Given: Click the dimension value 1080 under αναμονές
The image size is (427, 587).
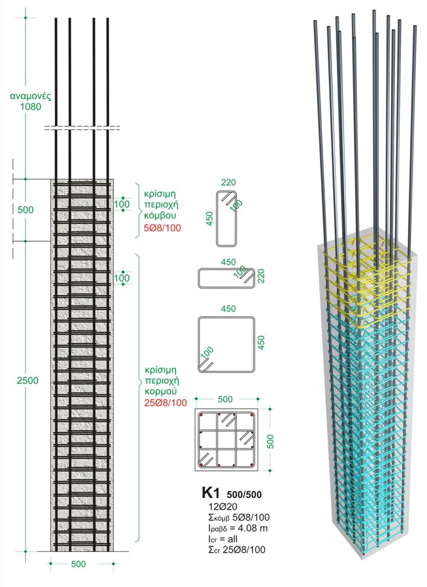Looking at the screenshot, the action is tap(31, 106).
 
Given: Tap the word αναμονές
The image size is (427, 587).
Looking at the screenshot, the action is tap(30, 96).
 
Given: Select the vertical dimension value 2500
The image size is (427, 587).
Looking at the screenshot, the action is tap(27, 380).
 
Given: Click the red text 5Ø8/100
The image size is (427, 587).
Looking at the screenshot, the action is tap(163, 228).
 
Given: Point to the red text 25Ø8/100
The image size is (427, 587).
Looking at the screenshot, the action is tap(166, 403).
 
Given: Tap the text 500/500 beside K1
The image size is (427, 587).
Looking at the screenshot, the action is tap(244, 495).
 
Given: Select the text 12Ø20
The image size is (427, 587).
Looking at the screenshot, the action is tap(223, 507).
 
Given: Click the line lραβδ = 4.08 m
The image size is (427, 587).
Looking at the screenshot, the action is tap(238, 528).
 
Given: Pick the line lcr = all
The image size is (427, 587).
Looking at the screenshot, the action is tap(223, 539).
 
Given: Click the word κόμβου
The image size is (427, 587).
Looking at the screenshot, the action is tap(160, 216).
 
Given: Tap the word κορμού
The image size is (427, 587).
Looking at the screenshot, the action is tap(161, 392).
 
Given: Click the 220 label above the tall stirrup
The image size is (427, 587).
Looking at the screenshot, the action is tap(229, 183).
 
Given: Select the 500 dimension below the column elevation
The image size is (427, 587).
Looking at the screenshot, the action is tap(78, 564).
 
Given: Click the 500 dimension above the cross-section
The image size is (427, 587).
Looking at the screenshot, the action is tap(225, 399).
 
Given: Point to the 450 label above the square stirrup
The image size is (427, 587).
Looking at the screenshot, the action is tap(229, 308).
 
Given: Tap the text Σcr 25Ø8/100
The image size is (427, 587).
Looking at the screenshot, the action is tap(236, 550).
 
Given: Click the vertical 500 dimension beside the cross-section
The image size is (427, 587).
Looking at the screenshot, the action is tap(271, 441).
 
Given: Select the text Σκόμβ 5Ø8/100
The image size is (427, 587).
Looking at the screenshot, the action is tap(239, 517).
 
